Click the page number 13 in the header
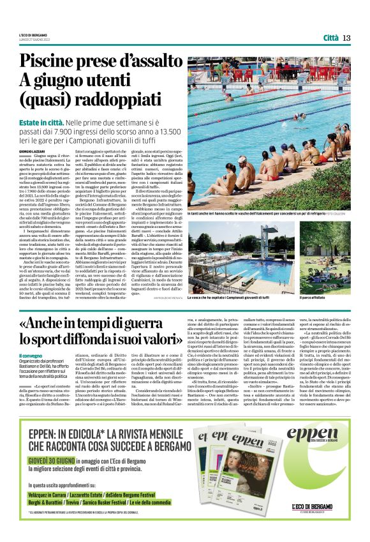tap(346, 37)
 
